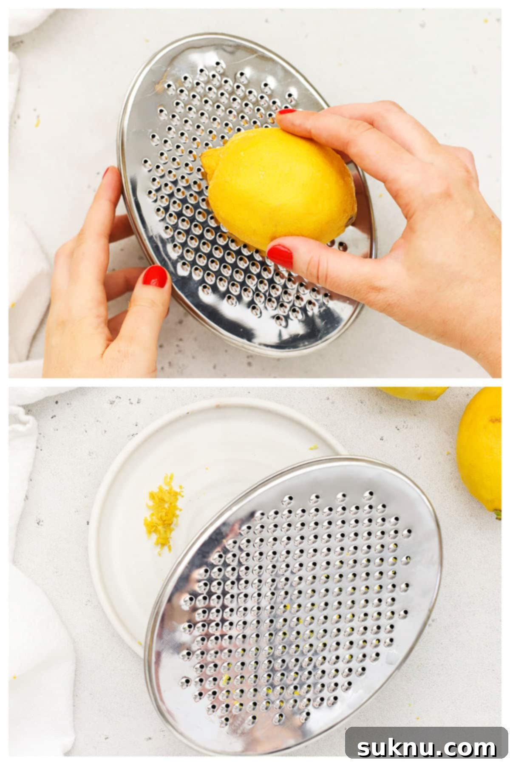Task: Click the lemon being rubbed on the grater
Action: click(x=280, y=187)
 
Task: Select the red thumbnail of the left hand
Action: click(x=155, y=277)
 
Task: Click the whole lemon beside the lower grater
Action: click(x=480, y=450)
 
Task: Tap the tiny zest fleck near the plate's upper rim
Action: click(x=313, y=447)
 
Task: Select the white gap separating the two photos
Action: click(x=255, y=382)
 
